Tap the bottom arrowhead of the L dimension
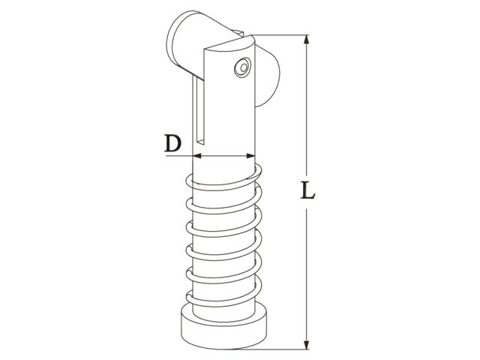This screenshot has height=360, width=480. (306, 345)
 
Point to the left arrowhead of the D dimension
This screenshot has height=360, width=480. (196, 156)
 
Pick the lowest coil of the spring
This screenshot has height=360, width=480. (223, 300)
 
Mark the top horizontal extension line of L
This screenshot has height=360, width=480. (285, 34)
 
